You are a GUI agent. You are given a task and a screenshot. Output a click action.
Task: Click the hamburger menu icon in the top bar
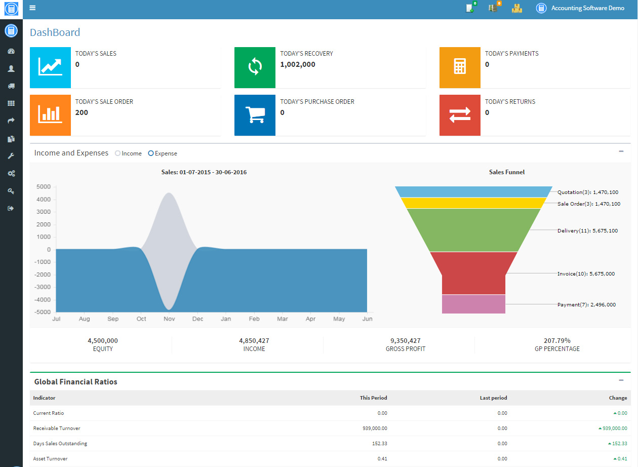pyautogui.click(x=32, y=8)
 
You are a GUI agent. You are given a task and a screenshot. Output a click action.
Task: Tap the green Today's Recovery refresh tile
pyautogui.click(x=255, y=67)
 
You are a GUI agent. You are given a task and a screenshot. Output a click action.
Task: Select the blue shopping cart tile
pyautogui.click(x=255, y=115)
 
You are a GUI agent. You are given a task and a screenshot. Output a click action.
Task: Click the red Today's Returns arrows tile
pyautogui.click(x=460, y=115)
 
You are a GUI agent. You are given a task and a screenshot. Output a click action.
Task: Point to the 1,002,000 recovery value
pyautogui.click(x=298, y=64)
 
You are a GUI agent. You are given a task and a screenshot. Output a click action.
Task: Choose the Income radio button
pyautogui.click(x=117, y=153)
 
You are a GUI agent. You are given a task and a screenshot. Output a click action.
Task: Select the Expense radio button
pyautogui.click(x=151, y=153)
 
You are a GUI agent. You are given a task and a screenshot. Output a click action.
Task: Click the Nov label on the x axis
pyautogui.click(x=169, y=319)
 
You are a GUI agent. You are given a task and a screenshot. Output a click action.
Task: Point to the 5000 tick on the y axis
pyautogui.click(x=44, y=186)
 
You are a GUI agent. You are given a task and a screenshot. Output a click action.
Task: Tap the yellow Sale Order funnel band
pyautogui.click(x=473, y=203)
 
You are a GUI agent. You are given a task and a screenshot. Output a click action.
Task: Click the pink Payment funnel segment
pyautogui.click(x=473, y=304)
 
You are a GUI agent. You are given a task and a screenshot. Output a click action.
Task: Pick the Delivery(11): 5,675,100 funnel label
pyautogui.click(x=587, y=230)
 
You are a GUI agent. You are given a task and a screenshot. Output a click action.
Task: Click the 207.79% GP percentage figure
pyautogui.click(x=557, y=340)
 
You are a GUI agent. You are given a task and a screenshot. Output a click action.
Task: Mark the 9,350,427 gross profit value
pyautogui.click(x=405, y=340)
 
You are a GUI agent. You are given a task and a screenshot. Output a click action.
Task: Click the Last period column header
pyautogui.click(x=493, y=398)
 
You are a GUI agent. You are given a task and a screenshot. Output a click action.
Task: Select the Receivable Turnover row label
pyautogui.click(x=57, y=428)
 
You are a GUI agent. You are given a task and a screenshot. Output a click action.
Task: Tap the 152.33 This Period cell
pyautogui.click(x=379, y=443)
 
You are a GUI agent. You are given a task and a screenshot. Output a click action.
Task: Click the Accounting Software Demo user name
pyautogui.click(x=587, y=8)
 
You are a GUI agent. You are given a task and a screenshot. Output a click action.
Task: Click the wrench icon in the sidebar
pyautogui.click(x=11, y=156)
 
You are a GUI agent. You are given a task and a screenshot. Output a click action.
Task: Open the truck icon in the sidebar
pyautogui.click(x=11, y=86)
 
